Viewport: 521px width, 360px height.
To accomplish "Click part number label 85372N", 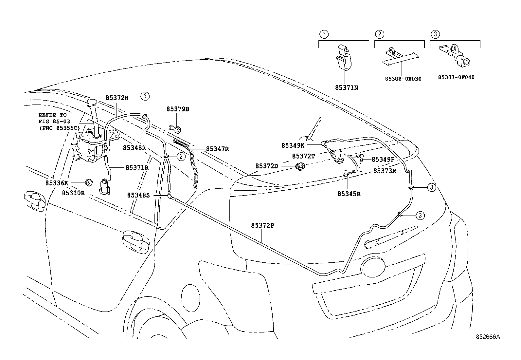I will [x=117, y=98].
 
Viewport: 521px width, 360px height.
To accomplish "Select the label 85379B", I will [x=178, y=109].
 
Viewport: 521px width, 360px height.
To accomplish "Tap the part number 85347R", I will [x=217, y=149].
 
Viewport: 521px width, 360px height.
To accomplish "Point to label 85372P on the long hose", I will [x=262, y=225].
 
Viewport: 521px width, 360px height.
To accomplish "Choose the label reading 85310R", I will [x=73, y=193].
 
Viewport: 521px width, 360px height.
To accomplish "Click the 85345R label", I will [x=349, y=194].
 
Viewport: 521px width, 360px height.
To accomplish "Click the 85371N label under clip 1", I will [x=346, y=88].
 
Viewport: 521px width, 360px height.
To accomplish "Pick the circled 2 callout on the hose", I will [x=181, y=157].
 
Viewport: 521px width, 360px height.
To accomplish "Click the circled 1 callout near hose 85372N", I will [x=145, y=96].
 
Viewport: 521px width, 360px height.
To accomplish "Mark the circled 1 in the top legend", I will [x=323, y=34].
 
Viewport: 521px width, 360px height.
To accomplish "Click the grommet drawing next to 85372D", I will [x=299, y=166].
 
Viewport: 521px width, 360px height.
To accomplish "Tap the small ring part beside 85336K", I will [x=89, y=182].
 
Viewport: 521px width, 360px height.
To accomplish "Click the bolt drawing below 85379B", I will [x=175, y=128].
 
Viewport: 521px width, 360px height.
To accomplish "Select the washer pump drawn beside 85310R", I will [x=105, y=187].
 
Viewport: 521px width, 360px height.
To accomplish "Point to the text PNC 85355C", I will [x=59, y=128].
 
